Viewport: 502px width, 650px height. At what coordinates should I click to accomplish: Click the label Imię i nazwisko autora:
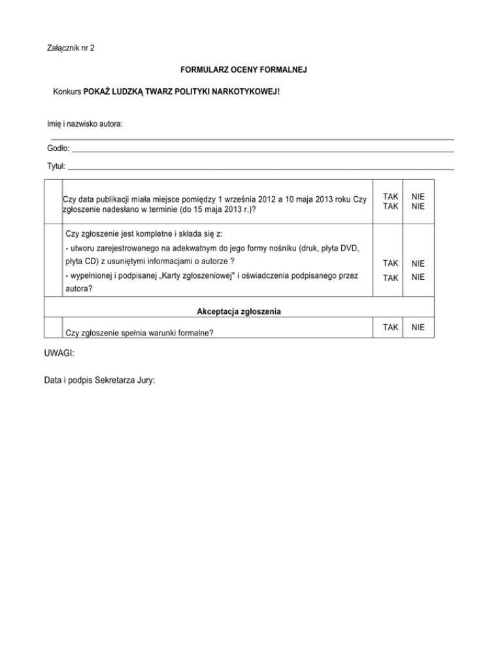point(85,124)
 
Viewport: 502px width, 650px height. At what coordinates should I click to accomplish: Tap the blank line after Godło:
point(261,151)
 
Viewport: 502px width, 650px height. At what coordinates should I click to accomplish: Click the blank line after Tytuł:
point(261,168)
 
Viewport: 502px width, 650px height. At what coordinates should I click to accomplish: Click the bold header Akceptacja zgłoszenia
point(235,312)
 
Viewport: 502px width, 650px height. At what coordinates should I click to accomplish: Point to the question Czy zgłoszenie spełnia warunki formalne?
point(141,332)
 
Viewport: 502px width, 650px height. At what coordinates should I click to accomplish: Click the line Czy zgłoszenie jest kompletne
point(144,233)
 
